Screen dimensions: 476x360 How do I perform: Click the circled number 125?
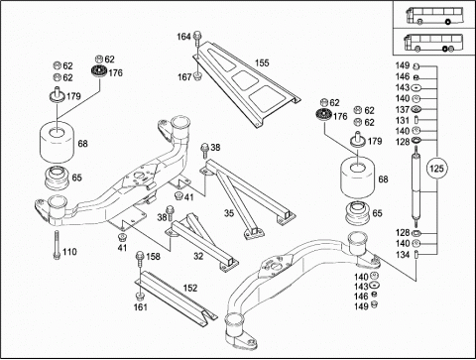436,169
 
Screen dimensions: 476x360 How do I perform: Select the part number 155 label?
262,62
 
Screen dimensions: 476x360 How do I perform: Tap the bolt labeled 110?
57,245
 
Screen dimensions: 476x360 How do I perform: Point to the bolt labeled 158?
140,263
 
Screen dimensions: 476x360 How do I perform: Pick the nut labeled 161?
140,296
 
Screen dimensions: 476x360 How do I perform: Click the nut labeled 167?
197,76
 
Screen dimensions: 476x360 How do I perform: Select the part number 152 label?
190,288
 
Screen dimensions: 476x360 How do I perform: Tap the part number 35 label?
229,213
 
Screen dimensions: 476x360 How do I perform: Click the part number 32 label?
198,256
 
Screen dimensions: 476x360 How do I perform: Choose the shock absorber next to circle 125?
416,186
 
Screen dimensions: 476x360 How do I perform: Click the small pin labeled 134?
416,255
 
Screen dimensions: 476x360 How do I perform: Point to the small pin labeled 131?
416,120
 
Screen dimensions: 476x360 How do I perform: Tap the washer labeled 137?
416,109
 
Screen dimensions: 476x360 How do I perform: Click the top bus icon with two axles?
434,16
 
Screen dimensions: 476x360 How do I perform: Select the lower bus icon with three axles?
433,43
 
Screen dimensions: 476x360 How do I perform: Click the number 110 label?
69,252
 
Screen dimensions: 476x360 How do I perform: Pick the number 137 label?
403,109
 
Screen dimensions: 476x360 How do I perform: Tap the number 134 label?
403,255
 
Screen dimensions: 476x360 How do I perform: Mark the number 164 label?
183,37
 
